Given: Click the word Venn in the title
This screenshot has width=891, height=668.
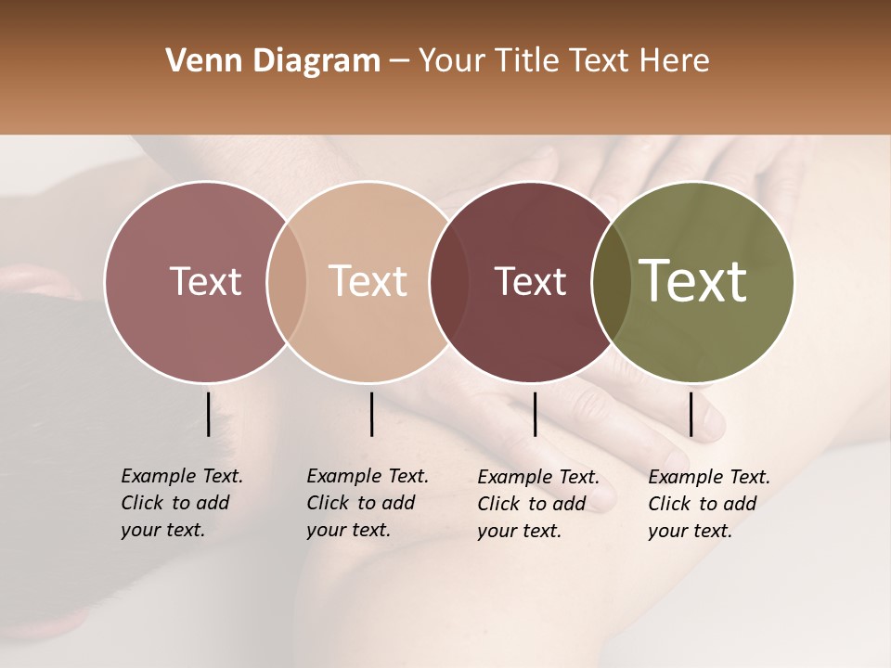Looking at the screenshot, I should [x=196, y=61].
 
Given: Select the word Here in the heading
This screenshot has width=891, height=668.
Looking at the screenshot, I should [x=676, y=61].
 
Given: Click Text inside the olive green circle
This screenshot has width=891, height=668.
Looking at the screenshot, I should [x=692, y=281].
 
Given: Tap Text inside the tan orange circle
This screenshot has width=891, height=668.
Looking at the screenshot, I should [x=368, y=281].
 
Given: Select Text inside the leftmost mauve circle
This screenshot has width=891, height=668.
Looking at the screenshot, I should [x=206, y=281].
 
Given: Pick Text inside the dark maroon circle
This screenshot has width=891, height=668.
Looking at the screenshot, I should [x=531, y=281].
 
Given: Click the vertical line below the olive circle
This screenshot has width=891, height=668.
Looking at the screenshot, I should [x=691, y=414].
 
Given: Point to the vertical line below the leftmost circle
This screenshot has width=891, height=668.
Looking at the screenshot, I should [x=208, y=414].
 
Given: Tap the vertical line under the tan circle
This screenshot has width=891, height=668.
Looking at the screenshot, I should [x=371, y=414].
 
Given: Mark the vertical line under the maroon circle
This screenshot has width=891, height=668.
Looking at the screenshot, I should [x=536, y=414].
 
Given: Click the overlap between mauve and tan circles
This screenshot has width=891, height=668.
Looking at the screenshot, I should [x=287, y=282].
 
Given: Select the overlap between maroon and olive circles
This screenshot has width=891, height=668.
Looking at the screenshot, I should [x=612, y=282].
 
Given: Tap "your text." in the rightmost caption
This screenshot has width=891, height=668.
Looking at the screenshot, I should [x=691, y=531].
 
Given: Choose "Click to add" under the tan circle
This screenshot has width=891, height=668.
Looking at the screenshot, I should [x=361, y=503].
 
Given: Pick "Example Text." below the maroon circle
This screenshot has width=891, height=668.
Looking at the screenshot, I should [x=538, y=477].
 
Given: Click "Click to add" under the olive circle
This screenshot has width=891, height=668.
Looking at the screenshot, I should [x=703, y=504].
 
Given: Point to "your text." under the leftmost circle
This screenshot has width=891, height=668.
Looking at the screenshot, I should [x=162, y=530].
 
